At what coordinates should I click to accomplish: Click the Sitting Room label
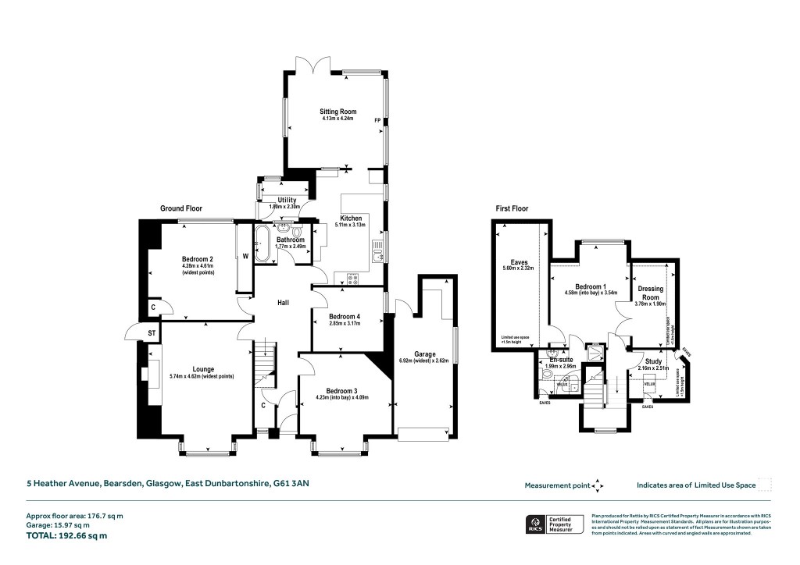[337, 112]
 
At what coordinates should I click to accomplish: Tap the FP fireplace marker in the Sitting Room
[377, 120]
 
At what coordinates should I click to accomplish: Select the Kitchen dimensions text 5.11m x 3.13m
[350, 225]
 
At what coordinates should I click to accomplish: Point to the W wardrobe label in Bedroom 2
[245, 255]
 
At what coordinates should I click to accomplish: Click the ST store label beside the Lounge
[152, 335]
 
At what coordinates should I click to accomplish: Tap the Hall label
[284, 301]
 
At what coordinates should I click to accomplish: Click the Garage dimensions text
[426, 361]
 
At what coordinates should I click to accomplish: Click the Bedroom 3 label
[343, 390]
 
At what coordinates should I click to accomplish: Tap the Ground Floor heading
[182, 208]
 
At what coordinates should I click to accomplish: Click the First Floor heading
[512, 208]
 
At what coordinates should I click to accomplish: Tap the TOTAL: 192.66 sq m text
[66, 535]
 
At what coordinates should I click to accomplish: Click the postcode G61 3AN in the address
[291, 484]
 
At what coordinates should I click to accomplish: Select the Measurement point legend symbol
[598, 485]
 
